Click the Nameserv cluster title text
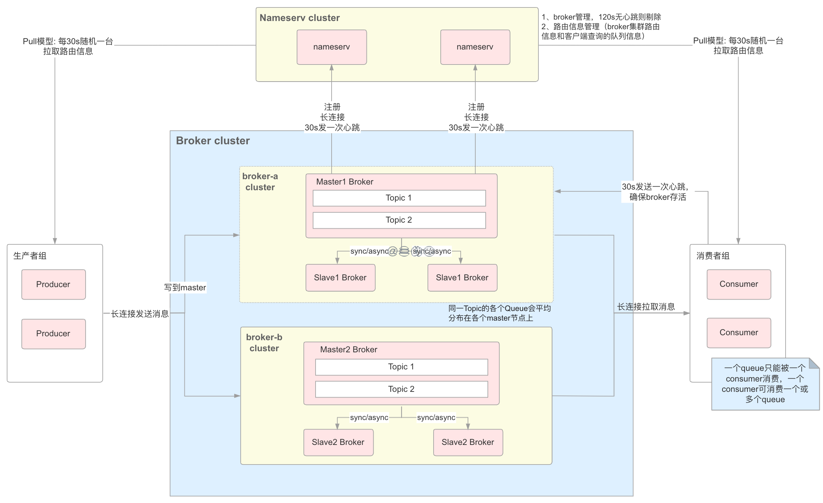(300, 18)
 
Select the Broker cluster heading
(213, 141)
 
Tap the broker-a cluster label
(260, 182)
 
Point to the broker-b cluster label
(264, 343)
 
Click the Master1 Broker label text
(344, 182)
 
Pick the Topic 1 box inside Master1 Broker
(399, 198)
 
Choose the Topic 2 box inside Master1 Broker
(399, 220)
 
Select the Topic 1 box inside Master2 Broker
(402, 367)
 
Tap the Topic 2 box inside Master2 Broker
(402, 389)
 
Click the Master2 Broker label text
(348, 349)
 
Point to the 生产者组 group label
(30, 256)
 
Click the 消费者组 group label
(713, 256)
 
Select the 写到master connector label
(185, 287)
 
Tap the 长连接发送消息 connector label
(140, 314)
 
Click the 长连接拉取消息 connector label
(646, 307)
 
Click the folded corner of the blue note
(814, 363)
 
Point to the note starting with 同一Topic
(499, 313)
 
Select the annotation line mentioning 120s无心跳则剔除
(601, 17)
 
